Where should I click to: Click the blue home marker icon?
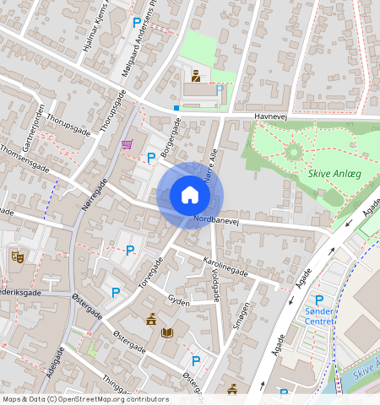[190, 195]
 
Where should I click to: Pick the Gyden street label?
[179, 300]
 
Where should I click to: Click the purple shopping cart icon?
[127, 144]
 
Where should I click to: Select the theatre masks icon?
[17, 256]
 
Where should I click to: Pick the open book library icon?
[167, 333]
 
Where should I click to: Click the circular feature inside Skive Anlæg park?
[293, 153]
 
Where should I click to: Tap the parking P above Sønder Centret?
[319, 300]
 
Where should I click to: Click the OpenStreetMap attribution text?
[85, 399]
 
